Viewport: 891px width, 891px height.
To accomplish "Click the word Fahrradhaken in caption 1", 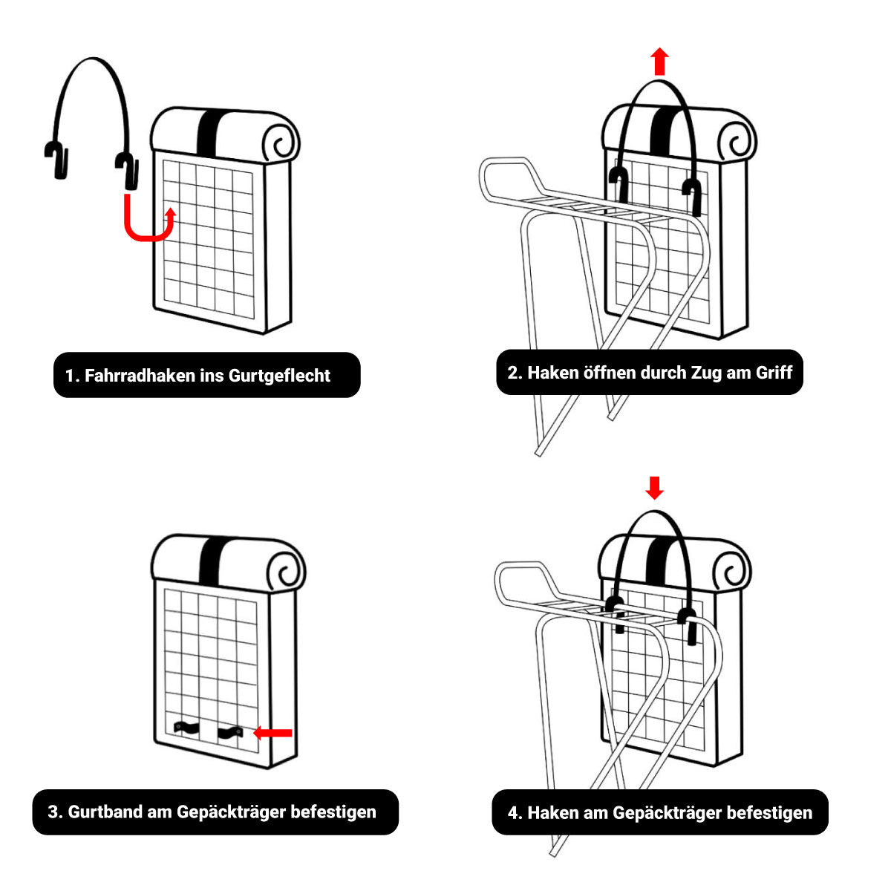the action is (140, 376).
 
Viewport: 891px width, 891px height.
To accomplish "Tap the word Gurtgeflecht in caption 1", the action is (279, 376).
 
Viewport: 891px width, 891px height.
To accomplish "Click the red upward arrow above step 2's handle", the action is (660, 61).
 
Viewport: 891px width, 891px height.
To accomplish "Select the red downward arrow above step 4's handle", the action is (654, 488).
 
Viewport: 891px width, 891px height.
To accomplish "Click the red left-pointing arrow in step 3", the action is (272, 732).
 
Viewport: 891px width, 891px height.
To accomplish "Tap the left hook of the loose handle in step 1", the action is (57, 160).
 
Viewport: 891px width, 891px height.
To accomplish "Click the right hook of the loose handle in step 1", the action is (127, 170).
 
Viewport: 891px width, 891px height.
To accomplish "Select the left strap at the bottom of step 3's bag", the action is (186, 728).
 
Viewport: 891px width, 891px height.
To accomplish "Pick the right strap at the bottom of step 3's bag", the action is (229, 732).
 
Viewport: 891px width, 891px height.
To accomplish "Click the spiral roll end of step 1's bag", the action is (281, 142).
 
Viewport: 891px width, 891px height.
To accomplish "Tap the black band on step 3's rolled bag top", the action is (212, 561).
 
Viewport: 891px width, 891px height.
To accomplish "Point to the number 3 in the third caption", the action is (53, 812).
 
